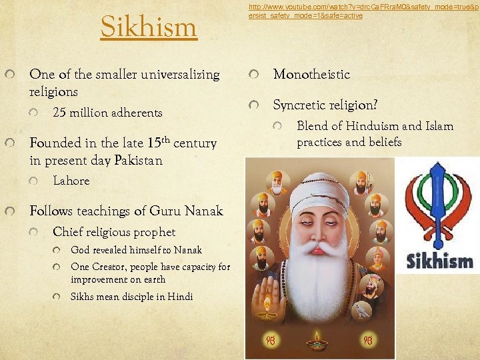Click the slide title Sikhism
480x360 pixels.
tap(149, 27)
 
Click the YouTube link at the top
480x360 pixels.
tap(360, 11)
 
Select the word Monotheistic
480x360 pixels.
tap(311, 75)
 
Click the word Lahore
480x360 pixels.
tap(71, 181)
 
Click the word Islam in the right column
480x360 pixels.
tap(439, 126)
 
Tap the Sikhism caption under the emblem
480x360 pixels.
tap(439, 259)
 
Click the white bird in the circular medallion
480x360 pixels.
tap(363, 311)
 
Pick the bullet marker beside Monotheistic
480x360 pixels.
tap(252, 75)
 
